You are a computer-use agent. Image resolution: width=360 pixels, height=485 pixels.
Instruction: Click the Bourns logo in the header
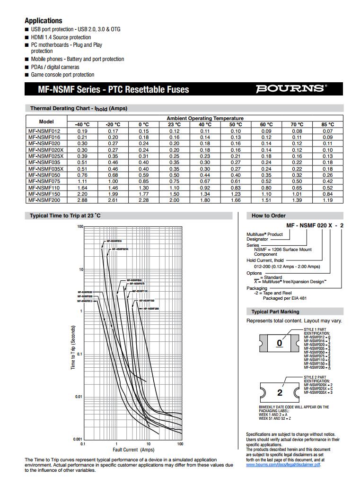click(291, 89)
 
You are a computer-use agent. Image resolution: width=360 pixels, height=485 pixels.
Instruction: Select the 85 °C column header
click(328, 124)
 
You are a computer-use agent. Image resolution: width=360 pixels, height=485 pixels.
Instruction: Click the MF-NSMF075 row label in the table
click(44, 181)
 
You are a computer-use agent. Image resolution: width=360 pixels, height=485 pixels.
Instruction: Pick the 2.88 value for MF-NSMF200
click(83, 200)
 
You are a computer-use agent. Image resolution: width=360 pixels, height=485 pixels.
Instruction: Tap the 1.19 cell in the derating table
click(328, 200)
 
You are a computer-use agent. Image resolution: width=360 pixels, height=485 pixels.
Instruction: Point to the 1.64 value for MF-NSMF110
click(83, 187)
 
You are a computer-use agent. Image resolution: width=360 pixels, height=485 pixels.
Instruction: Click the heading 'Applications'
click(44, 21)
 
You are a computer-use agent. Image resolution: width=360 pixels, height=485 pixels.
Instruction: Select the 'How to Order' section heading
click(269, 216)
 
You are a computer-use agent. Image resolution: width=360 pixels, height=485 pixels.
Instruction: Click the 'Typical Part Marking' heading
click(275, 312)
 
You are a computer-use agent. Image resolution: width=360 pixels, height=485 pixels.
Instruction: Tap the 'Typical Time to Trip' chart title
click(65, 216)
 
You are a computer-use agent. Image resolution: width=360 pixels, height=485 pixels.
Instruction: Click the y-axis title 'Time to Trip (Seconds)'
click(73, 347)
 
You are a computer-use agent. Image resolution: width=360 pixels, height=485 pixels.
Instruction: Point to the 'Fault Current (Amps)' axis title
click(132, 450)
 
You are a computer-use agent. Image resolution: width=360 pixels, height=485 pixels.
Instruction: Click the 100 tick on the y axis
click(80, 227)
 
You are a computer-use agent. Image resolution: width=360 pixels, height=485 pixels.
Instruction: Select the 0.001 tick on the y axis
click(78, 440)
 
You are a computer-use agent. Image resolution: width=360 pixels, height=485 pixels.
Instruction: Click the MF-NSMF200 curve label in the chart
click(152, 308)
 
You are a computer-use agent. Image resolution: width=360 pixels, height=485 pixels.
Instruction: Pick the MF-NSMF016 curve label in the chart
click(114, 241)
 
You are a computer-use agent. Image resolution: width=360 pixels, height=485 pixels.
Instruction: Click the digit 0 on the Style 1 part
click(280, 343)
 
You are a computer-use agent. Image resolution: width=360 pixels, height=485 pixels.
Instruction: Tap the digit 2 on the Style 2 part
click(280, 393)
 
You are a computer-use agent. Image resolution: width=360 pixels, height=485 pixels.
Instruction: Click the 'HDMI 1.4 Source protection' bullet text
click(61, 37)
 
